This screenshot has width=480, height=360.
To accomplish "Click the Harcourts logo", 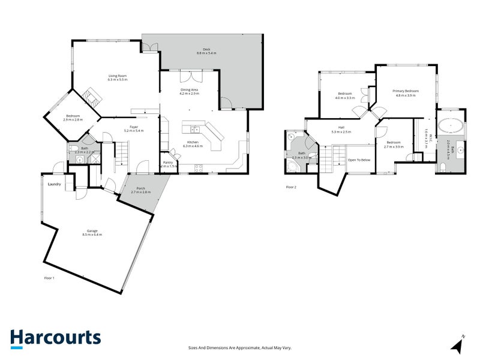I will [55, 338].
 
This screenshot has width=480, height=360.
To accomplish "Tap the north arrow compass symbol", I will [458, 345].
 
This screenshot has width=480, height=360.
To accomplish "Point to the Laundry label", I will [55, 184].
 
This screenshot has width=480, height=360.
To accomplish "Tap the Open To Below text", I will [360, 160].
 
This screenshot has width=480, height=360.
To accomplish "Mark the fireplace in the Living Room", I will [91, 96].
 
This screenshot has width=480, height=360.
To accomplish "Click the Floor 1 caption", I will [50, 278].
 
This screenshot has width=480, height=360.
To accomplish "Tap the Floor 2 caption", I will [291, 187].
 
